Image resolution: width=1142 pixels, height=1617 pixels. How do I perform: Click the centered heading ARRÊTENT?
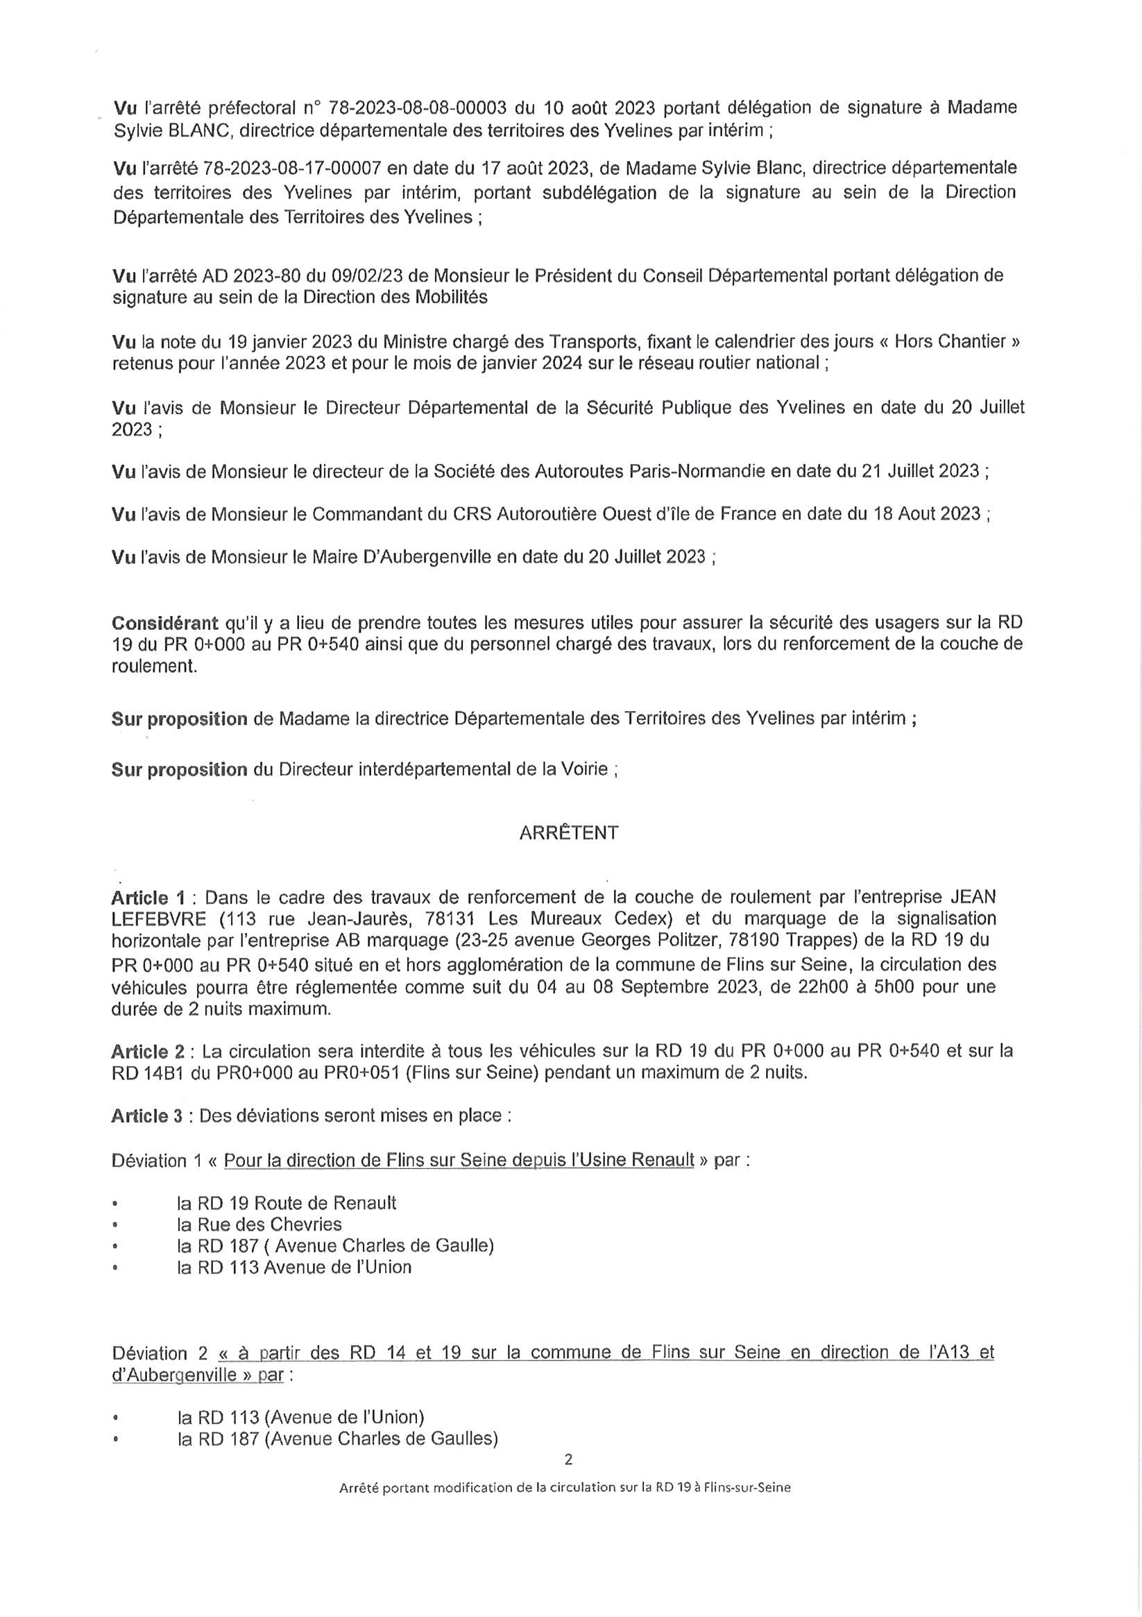click(x=568, y=832)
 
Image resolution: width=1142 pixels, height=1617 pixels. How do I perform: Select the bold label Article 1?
click(x=148, y=898)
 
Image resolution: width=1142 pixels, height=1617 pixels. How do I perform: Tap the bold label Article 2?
click(x=148, y=1052)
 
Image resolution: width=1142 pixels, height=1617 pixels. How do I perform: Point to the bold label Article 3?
click(x=148, y=1116)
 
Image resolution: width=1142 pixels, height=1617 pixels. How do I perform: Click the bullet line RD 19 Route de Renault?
click(x=287, y=1203)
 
